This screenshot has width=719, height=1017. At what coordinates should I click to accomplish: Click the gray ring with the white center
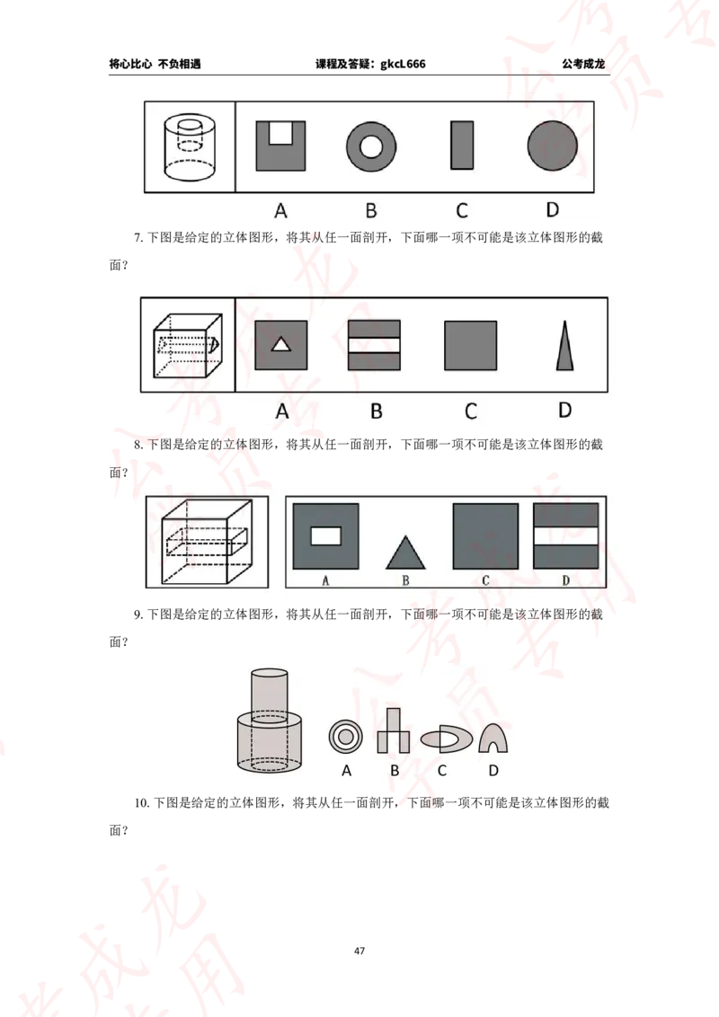371,146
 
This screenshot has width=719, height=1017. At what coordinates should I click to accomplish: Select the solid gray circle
552,146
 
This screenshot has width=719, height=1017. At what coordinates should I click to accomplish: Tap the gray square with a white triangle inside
281,345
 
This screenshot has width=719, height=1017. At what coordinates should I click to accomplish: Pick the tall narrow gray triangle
564,346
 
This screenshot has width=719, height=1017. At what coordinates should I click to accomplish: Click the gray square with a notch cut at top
280,146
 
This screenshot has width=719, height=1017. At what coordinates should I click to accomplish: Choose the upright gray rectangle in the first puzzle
461,146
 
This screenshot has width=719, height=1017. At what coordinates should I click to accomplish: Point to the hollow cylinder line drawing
190,146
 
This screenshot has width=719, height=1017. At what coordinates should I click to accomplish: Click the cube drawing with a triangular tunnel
188,346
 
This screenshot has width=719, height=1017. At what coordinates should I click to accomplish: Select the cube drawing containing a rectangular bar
208,542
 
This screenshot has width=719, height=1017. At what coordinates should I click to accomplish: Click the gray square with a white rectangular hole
325,536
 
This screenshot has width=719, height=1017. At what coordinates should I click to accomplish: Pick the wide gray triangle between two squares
405,552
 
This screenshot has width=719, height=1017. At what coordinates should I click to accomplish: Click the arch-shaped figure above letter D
493,738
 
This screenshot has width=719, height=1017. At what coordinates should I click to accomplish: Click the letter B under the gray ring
371,211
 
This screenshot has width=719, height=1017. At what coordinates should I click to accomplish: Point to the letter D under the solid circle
552,210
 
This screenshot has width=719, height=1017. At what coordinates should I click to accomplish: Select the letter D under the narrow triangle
564,411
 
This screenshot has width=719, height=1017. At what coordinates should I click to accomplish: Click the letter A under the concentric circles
346,770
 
